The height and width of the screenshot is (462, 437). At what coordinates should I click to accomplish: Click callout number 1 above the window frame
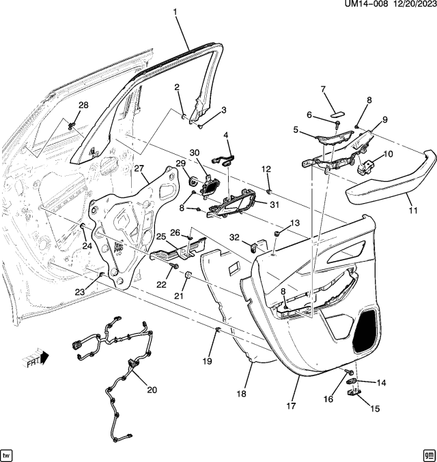point(175,12)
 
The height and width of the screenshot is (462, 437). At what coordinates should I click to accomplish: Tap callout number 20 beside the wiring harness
point(151,390)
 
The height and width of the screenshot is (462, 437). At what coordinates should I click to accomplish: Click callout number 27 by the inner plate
point(139,169)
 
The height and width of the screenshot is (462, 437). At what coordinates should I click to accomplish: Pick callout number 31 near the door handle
point(275,204)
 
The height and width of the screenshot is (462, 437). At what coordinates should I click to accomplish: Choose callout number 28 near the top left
point(84,104)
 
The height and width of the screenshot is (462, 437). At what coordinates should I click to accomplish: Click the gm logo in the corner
point(428,454)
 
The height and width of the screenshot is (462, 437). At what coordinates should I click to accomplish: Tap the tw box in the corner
point(8,454)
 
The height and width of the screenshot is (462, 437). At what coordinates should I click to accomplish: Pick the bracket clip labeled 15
point(354,392)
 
